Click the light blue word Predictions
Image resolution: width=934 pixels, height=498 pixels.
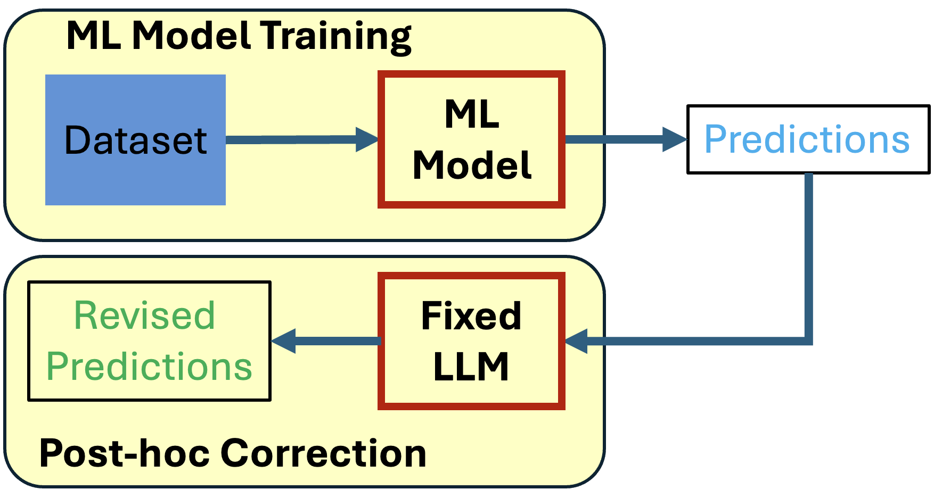(807, 139)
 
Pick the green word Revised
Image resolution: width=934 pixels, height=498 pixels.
(144, 316)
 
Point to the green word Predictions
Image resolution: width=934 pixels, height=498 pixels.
(149, 367)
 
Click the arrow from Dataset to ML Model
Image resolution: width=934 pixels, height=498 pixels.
(301, 139)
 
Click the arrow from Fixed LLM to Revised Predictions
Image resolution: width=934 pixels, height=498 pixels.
(326, 341)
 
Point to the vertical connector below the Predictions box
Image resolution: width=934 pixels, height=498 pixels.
(808, 255)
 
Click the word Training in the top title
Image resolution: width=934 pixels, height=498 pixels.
(336, 36)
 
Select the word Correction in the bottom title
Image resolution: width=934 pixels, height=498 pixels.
(323, 454)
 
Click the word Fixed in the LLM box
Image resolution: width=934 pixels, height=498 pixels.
(471, 316)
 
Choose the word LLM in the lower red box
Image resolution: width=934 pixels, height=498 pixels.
(471, 367)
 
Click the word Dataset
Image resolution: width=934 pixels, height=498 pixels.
(135, 140)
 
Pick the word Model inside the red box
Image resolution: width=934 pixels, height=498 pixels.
(471, 165)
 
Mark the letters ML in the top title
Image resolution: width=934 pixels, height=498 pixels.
(94, 36)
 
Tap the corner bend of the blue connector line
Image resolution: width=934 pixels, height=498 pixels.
(808, 341)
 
